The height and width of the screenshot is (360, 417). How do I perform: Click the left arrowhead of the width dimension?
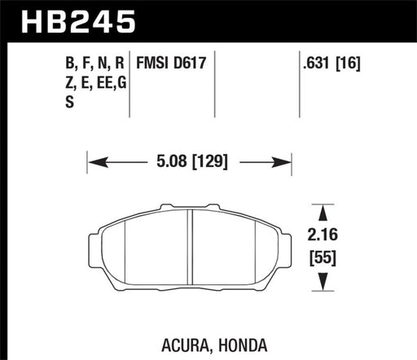point(92,161)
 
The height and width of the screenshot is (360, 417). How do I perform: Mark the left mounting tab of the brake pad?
point(93,244)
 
